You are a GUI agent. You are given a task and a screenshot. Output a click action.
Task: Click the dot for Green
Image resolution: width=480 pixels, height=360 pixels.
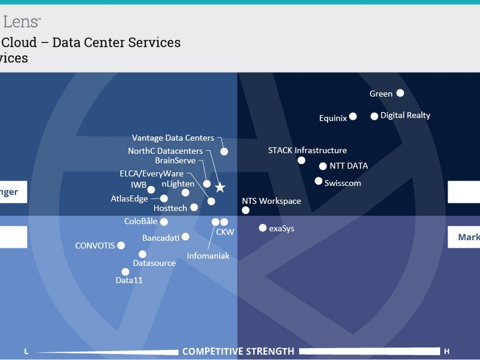[x=400, y=93]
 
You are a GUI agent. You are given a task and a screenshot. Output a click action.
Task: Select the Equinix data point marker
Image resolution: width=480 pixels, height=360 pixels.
[x=353, y=116]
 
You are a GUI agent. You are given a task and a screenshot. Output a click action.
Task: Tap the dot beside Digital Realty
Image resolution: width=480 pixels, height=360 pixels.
[x=374, y=116]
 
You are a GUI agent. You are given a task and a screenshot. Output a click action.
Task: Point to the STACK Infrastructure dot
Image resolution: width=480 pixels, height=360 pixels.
[x=301, y=160]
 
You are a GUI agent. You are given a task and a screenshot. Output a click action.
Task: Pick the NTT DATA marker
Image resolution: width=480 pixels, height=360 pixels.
[x=323, y=166]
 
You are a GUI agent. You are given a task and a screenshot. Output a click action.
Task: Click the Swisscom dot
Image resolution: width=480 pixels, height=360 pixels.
[x=319, y=181]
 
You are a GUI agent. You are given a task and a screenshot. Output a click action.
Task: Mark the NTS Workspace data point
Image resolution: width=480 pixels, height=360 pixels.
[x=245, y=210]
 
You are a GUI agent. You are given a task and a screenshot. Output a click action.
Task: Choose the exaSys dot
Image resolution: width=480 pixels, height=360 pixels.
[x=262, y=228]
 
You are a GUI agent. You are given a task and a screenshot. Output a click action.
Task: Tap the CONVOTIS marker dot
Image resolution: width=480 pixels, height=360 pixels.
[x=121, y=245]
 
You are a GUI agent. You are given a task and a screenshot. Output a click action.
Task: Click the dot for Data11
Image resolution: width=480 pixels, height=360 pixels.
[x=125, y=272]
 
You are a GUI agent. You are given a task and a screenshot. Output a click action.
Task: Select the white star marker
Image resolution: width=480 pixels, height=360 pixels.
[x=220, y=188]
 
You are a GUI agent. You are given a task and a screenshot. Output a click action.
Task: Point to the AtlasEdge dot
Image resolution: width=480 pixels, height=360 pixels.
[x=164, y=198]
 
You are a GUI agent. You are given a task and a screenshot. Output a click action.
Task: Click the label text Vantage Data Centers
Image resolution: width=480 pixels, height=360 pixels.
[x=173, y=139]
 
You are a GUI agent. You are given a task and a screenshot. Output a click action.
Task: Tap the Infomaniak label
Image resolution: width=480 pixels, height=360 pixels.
[x=208, y=256]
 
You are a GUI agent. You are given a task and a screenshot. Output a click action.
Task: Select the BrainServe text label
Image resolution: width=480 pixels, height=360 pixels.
[x=175, y=160]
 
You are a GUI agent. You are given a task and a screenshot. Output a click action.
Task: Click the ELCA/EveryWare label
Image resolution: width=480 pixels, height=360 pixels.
[x=152, y=174]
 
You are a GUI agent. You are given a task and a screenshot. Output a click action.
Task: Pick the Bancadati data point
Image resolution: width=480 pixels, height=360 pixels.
[x=185, y=237]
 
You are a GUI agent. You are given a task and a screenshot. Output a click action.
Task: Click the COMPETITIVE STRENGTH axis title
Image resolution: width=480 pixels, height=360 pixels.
[x=238, y=351]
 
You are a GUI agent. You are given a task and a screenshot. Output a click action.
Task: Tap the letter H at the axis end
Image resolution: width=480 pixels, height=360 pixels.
[x=446, y=351]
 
